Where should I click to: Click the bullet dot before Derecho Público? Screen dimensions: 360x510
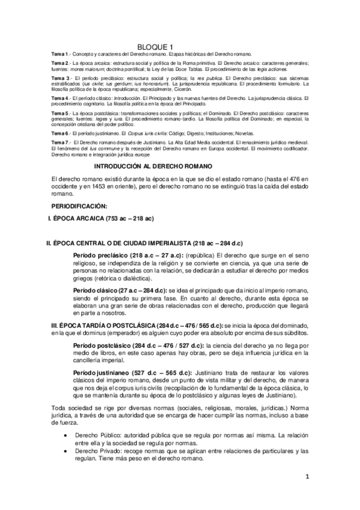coord(65,434)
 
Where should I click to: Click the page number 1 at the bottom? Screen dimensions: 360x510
coord(307,477)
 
